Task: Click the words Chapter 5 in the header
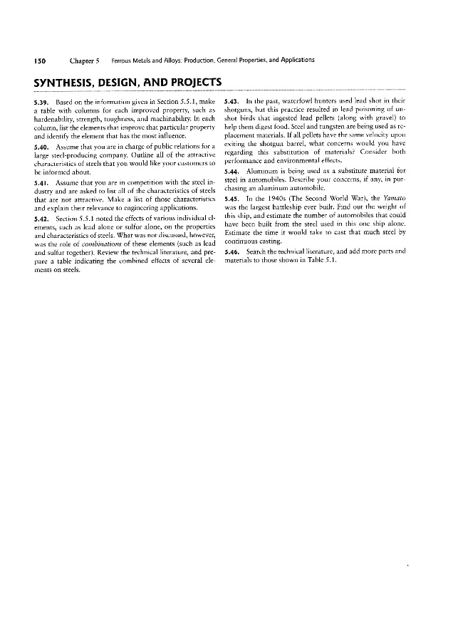88,60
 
